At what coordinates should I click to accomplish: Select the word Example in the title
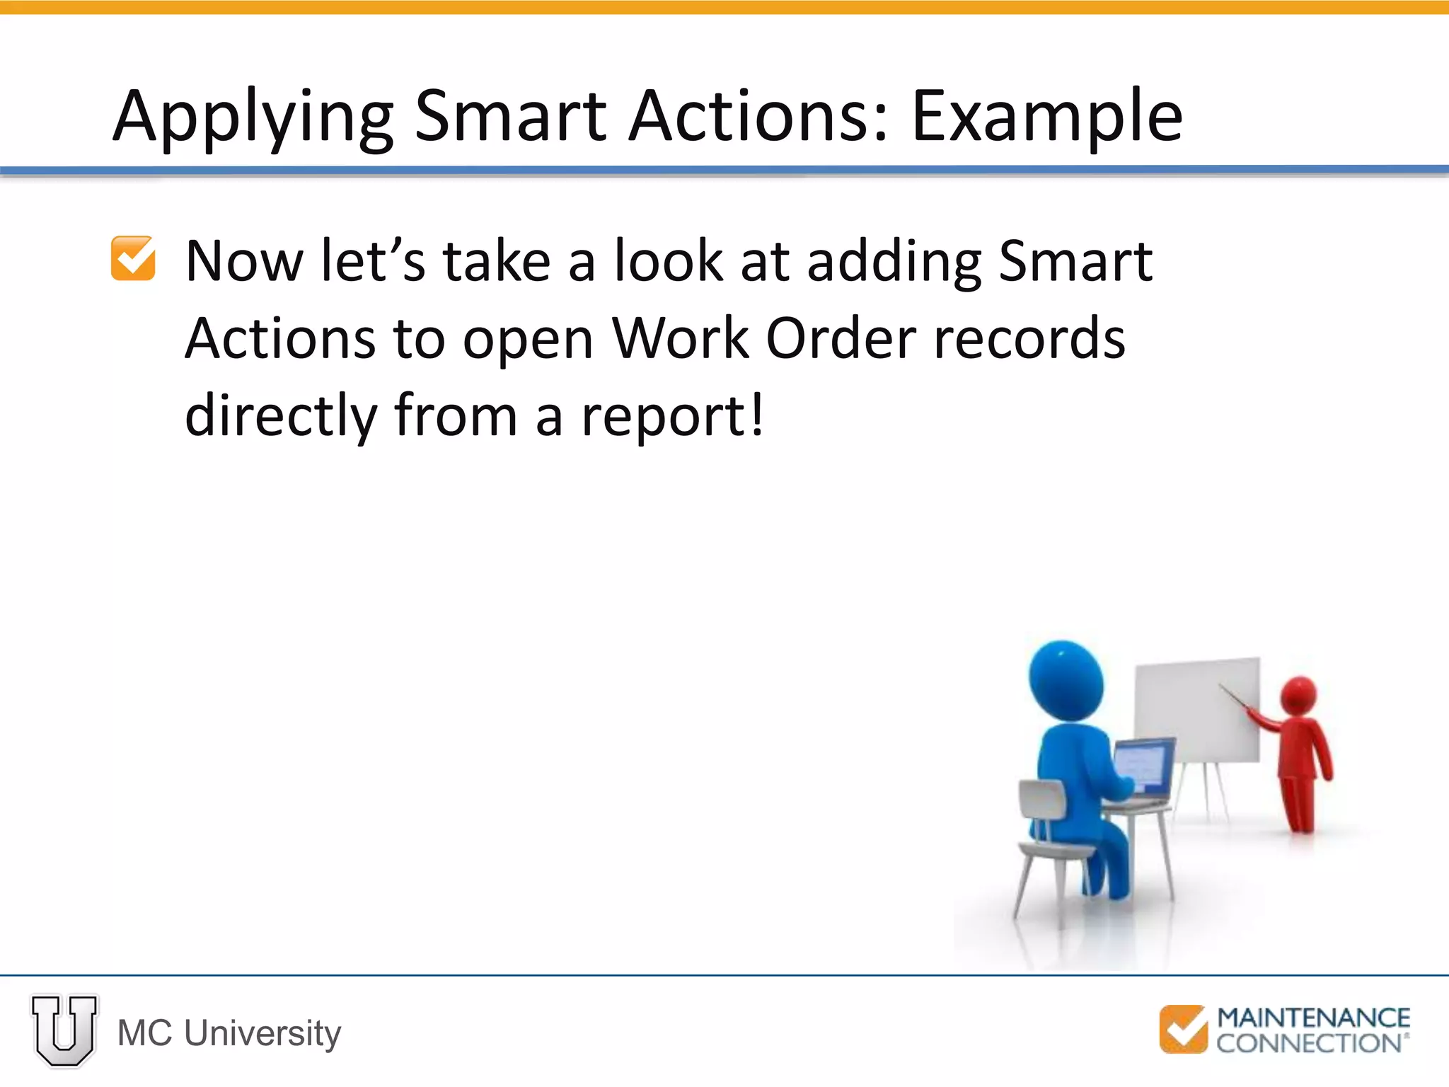tap(1046, 117)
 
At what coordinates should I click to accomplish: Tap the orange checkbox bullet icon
tap(133, 258)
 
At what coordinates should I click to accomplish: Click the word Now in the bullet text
tap(244, 262)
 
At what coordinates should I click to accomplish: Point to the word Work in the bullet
tap(679, 338)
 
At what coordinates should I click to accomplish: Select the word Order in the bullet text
tap(841, 338)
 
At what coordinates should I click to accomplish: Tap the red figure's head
tap(1298, 695)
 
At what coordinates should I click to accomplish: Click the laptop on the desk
tap(1143, 771)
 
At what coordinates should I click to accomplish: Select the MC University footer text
tap(229, 1033)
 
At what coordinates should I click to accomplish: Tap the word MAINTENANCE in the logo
tap(1313, 1018)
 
